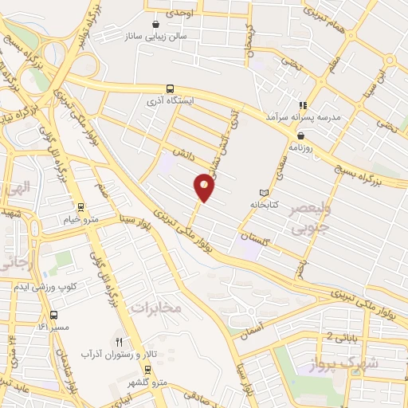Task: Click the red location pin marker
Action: pos(205,187)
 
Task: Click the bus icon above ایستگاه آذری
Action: pos(169,89)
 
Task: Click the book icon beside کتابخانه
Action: pos(265,193)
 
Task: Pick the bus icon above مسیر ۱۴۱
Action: pos(53,314)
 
